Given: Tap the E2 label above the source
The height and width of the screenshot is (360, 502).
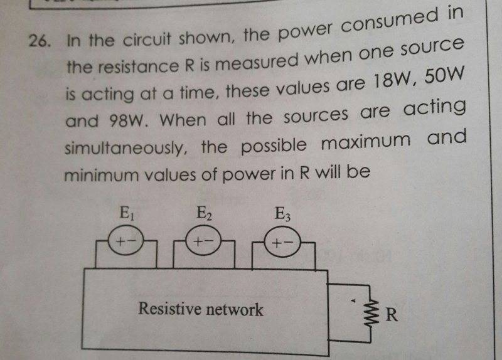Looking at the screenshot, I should [x=205, y=214].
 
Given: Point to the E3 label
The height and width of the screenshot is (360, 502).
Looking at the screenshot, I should [x=283, y=214].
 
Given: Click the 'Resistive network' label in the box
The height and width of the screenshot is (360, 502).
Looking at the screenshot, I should [x=201, y=309].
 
